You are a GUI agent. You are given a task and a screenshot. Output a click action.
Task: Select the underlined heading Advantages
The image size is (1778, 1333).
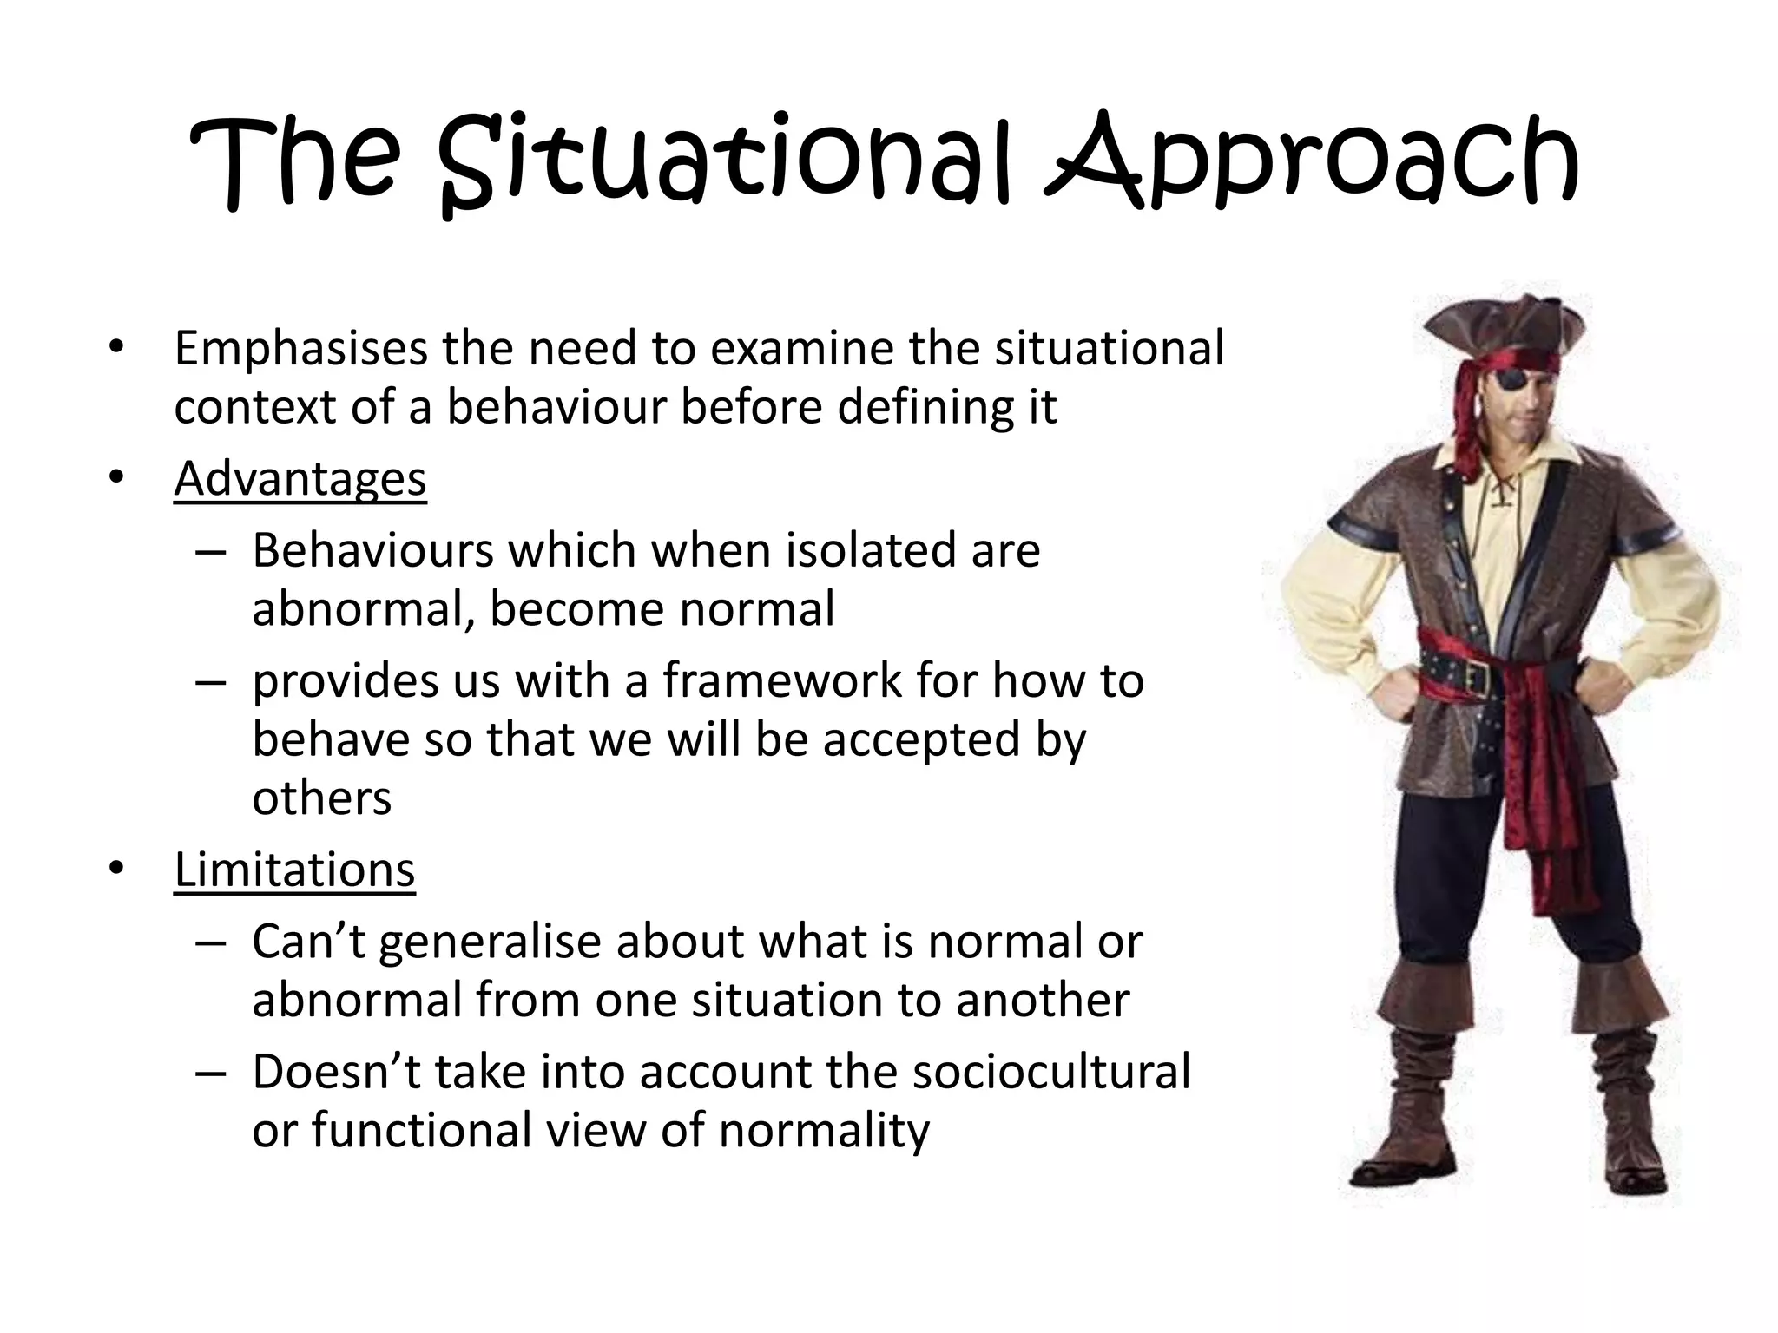[x=300, y=478]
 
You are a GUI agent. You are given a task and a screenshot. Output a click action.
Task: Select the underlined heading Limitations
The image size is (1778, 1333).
[x=294, y=869]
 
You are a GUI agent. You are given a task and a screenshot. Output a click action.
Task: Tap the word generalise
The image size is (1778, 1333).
[x=490, y=941]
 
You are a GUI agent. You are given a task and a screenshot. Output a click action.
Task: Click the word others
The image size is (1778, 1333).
[x=321, y=798]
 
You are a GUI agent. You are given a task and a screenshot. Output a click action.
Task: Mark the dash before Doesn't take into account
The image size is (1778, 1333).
[x=211, y=1073]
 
